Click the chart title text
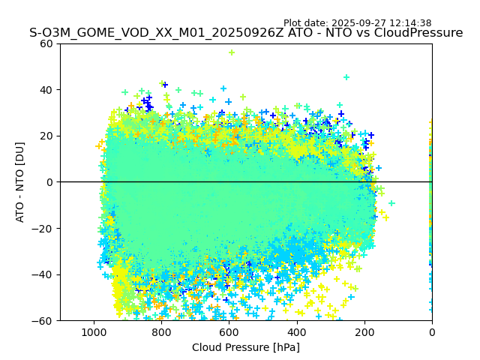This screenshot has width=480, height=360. click(x=246, y=33)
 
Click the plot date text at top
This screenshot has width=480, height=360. click(x=357, y=23)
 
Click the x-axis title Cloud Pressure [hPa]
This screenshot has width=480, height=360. click(x=246, y=347)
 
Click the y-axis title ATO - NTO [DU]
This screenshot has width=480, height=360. click(x=20, y=181)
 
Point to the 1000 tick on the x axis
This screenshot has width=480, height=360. click(x=94, y=331)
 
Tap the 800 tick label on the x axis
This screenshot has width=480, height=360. click(x=161, y=331)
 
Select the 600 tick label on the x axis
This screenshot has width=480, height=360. click(x=229, y=331)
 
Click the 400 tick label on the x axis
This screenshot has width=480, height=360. click(x=297, y=331)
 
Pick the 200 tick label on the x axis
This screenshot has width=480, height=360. click(x=364, y=331)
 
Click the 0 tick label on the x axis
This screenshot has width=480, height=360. click(x=432, y=331)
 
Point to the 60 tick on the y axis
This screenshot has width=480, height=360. click(x=46, y=43)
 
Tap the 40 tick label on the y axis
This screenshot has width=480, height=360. click(x=46, y=90)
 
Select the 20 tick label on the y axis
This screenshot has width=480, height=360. click(x=46, y=136)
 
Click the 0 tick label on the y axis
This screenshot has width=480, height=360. click(x=49, y=182)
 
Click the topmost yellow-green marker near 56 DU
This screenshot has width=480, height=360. click(x=232, y=52)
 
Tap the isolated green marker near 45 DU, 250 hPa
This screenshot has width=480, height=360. click(x=346, y=77)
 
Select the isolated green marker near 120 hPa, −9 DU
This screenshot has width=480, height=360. click(x=391, y=203)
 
